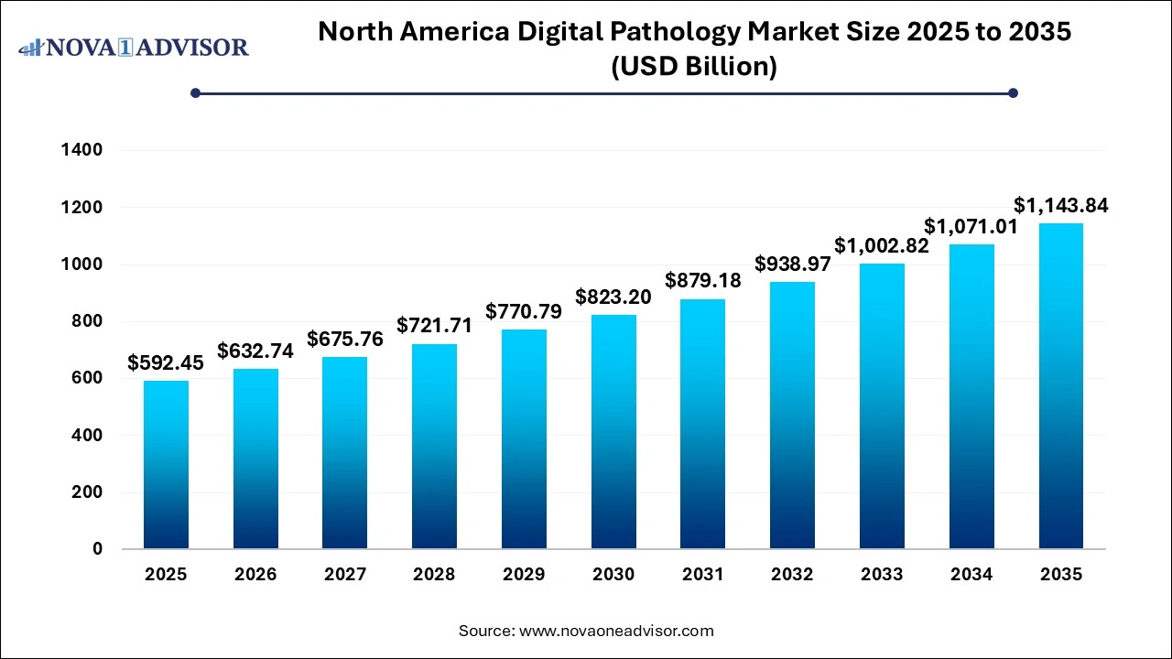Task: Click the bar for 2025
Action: coord(166,465)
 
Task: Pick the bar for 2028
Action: coord(435,447)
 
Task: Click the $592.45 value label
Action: coord(166,363)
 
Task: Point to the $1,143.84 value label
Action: coord(1061,206)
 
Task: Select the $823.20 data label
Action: coord(613,297)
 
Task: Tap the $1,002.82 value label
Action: coord(882,245)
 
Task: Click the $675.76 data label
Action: coord(345,340)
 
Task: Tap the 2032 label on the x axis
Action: coord(792,575)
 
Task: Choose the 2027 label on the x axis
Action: coord(345,575)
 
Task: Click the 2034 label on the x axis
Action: coord(971,575)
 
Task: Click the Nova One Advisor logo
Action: coord(134,47)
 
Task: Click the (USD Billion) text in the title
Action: coord(694,67)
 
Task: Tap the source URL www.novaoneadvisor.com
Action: coord(616,631)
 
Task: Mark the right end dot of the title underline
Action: coord(1013,92)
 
